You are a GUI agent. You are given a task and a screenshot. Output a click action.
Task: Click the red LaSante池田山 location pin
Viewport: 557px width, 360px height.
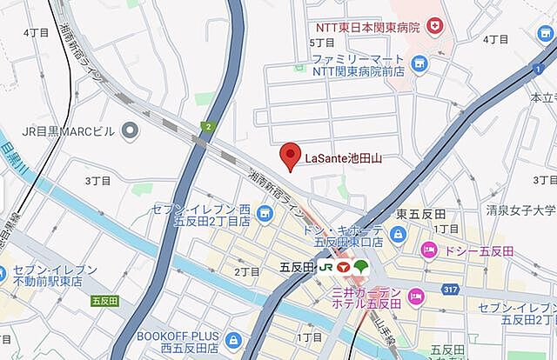(x=291, y=157)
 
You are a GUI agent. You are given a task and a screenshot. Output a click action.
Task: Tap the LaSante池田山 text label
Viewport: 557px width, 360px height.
(x=344, y=159)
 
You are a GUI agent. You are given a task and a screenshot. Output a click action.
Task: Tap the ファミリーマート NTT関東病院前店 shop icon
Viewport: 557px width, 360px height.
(x=420, y=63)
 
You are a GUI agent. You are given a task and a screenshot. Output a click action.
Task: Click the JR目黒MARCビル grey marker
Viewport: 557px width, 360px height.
(x=131, y=131)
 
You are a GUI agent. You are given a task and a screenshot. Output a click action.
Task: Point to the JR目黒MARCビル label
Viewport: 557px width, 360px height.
(x=69, y=132)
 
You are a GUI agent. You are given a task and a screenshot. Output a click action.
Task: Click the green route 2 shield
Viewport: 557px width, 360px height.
(x=209, y=128)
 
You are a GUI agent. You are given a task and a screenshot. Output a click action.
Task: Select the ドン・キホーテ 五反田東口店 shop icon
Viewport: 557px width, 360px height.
(x=398, y=234)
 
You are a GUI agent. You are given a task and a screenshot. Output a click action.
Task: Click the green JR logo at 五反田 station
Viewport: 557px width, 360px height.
(x=325, y=267)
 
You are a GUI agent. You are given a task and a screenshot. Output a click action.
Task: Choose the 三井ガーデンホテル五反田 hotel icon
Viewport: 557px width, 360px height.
(x=416, y=297)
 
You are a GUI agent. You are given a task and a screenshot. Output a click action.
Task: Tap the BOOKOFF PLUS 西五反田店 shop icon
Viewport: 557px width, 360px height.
(x=232, y=340)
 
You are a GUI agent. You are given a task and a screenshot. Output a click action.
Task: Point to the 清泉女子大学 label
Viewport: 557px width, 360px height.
(x=521, y=210)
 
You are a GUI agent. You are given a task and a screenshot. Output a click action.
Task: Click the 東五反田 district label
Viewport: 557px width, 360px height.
(x=421, y=214)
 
